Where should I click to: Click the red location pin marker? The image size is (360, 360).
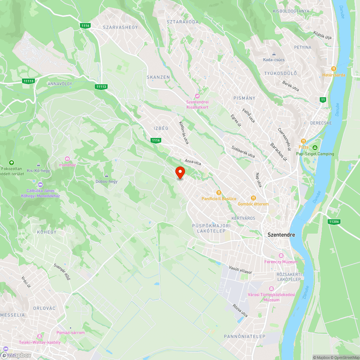click(x=180, y=172)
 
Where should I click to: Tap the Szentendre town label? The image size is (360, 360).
click(x=281, y=235)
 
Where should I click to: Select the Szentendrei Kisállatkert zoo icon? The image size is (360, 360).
click(x=197, y=96)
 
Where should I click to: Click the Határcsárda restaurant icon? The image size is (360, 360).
click(x=334, y=68)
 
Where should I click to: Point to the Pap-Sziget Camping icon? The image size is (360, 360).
click(x=315, y=148)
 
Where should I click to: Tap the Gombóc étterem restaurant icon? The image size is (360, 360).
click(x=253, y=198)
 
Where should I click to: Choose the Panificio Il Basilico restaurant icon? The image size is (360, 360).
click(x=218, y=193)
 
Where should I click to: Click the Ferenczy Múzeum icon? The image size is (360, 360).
click(x=281, y=256)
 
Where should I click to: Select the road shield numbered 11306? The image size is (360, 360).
click(x=334, y=222)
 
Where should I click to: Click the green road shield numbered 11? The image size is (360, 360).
click(x=323, y=100)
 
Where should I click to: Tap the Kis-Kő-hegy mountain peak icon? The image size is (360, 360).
click(x=38, y=165)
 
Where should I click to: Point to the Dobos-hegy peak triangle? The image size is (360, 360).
click(x=107, y=175)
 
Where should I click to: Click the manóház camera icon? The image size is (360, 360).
click(x=67, y=159)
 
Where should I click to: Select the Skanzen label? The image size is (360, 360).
click(x=158, y=77)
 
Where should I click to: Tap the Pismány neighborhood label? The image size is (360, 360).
click(x=244, y=98)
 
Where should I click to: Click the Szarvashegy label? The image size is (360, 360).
click(x=120, y=27)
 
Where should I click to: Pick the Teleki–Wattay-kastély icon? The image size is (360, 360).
click(x=40, y=336)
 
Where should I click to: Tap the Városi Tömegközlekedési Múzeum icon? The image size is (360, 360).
click(x=271, y=289)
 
